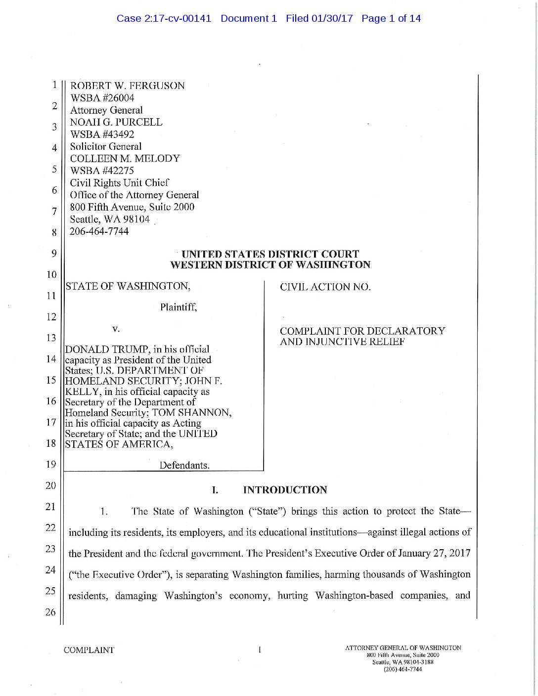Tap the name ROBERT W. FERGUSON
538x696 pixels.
127,86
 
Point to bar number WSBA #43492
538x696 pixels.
102,134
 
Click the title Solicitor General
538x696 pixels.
105,146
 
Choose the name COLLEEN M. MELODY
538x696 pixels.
125,159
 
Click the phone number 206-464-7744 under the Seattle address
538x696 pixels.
99,231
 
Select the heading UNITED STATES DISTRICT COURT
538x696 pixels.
270,254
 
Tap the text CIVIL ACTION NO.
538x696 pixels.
325,287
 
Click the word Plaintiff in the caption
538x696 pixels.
179,307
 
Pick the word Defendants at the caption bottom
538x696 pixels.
184,465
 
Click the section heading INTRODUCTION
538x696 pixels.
285,490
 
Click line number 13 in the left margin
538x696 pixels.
51,338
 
